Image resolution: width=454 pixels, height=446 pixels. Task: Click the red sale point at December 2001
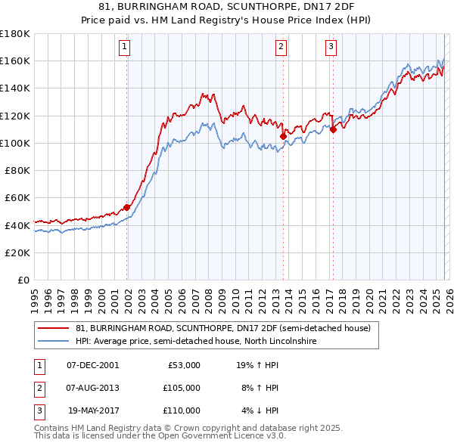[x=126, y=207]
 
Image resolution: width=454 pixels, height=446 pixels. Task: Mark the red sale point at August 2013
[x=283, y=136]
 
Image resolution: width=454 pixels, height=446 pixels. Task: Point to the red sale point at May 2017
[x=334, y=129]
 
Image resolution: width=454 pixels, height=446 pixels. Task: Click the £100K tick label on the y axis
[x=15, y=143]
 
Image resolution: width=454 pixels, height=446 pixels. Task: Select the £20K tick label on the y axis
[x=18, y=252]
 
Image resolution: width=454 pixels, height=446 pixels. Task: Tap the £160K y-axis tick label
[x=15, y=60]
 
